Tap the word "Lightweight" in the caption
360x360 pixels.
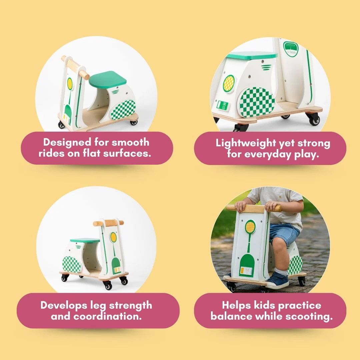coord(245,143)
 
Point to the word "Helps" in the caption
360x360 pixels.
coord(236,305)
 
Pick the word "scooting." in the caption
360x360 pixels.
coord(309,317)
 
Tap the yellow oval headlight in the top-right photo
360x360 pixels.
coord(229,83)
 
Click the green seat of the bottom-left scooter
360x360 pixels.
coord(85,240)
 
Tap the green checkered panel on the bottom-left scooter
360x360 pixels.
coord(72,264)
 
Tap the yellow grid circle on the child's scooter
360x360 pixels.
coord(250,226)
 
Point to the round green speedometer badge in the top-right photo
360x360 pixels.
coord(291,49)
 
